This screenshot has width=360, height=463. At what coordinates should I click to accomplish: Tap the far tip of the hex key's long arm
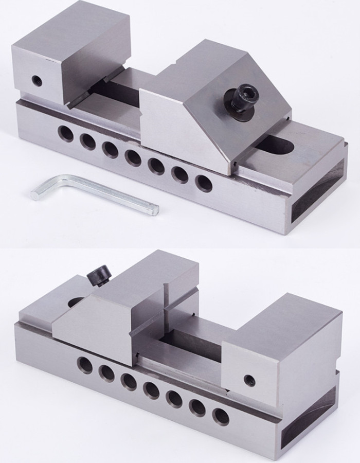tap(155, 209)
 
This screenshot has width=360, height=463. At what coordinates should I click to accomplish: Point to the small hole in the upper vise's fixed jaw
tap(36, 80)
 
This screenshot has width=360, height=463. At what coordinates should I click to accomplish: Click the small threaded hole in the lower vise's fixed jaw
tap(249, 381)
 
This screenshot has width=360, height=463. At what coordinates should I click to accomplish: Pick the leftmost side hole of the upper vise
tap(65, 133)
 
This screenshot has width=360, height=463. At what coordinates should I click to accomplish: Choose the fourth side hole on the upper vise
tap(133, 157)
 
